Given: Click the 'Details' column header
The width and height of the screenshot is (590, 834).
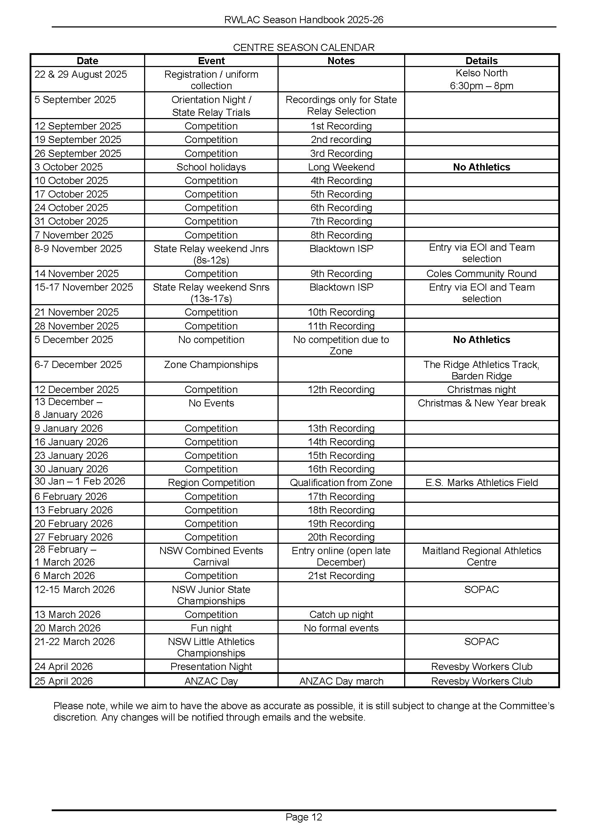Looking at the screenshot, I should [x=481, y=61].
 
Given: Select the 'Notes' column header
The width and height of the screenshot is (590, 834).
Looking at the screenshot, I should [x=341, y=61].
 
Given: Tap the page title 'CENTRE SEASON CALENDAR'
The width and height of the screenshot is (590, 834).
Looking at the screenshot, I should [x=303, y=47].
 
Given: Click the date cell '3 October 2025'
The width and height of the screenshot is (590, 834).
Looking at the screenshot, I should [x=68, y=167].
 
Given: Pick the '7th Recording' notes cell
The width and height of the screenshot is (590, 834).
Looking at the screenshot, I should [x=341, y=221].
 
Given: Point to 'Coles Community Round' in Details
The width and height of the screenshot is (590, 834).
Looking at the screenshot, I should [x=481, y=273].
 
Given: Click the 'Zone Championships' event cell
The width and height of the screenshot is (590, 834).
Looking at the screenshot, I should [x=211, y=365].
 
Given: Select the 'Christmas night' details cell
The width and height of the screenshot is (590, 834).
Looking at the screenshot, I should [x=481, y=389].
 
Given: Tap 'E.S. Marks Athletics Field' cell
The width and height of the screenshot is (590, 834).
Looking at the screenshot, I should [x=481, y=482].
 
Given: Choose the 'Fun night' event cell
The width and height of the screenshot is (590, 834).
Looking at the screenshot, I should [x=211, y=628].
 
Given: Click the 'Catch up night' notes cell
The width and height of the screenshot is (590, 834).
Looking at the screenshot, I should [x=341, y=614].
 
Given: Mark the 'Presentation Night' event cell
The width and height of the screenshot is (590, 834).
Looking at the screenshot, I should [x=211, y=666].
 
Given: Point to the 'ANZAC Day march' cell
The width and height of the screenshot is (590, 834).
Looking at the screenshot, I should [x=341, y=681].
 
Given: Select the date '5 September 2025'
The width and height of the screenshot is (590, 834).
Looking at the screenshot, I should [x=75, y=100].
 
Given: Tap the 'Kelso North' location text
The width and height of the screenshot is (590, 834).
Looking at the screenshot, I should [x=481, y=73].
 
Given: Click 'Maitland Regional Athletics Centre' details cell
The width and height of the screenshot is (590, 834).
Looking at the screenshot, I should [x=481, y=556].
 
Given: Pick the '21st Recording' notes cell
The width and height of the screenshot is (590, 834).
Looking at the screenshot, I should [x=341, y=576].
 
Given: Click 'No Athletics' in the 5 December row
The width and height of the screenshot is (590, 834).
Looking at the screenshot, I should [x=481, y=340].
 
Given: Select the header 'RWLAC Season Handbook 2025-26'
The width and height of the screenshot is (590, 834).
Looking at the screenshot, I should [x=304, y=20].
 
